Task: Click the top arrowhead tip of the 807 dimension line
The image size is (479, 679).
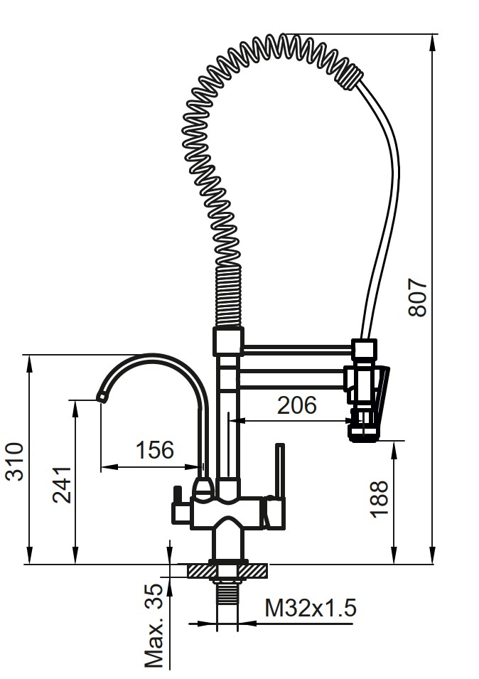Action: [432, 34]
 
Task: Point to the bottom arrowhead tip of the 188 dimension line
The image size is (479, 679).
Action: [394, 564]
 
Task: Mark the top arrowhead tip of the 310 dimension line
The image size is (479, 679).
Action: [29, 355]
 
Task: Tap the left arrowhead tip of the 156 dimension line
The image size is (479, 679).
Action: [101, 467]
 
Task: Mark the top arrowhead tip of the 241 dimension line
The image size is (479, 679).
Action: [75, 400]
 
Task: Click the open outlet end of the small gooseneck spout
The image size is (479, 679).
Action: [100, 397]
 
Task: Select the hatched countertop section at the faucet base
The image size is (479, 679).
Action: [227, 570]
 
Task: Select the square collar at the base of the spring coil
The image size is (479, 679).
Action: [228, 342]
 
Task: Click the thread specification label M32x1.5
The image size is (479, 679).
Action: [311, 607]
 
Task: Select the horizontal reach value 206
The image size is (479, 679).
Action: [297, 405]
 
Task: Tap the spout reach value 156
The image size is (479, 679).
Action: [155, 450]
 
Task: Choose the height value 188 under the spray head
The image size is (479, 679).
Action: [380, 498]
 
